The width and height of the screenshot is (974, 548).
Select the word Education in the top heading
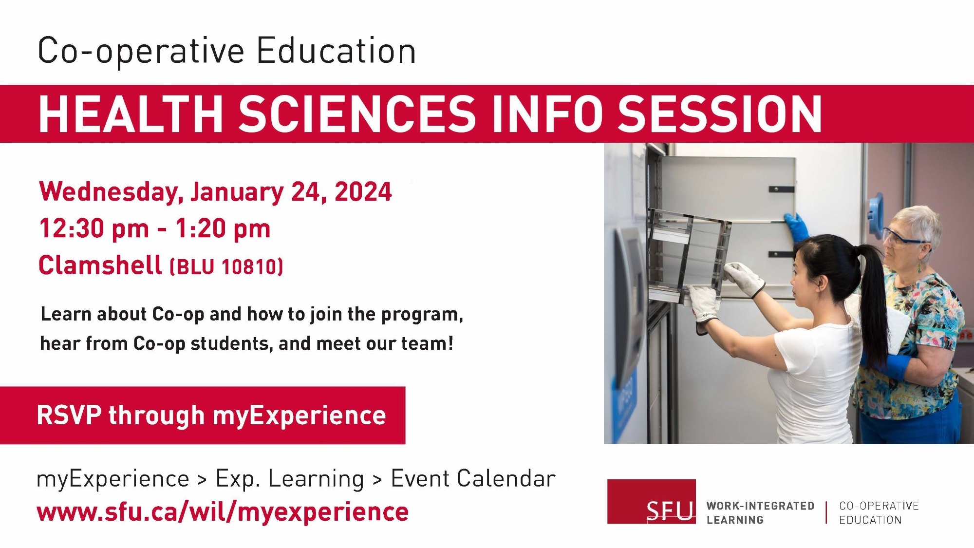tap(336, 51)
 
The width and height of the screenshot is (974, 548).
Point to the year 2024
tap(363, 191)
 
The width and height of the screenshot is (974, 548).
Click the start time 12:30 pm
tap(94, 228)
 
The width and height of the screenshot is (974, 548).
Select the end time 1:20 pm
tap(223, 228)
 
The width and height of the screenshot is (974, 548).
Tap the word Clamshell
tap(100, 265)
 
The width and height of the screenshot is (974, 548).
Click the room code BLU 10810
tap(226, 267)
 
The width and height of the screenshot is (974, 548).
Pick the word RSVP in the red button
tap(69, 416)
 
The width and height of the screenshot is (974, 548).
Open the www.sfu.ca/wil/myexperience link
tap(223, 512)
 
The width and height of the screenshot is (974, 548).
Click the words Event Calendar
tap(473, 478)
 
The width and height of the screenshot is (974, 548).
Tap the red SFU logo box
tap(651, 502)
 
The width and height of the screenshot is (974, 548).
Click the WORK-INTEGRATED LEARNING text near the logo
tap(760, 513)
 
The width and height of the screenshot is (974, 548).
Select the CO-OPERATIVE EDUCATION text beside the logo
tap(878, 513)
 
